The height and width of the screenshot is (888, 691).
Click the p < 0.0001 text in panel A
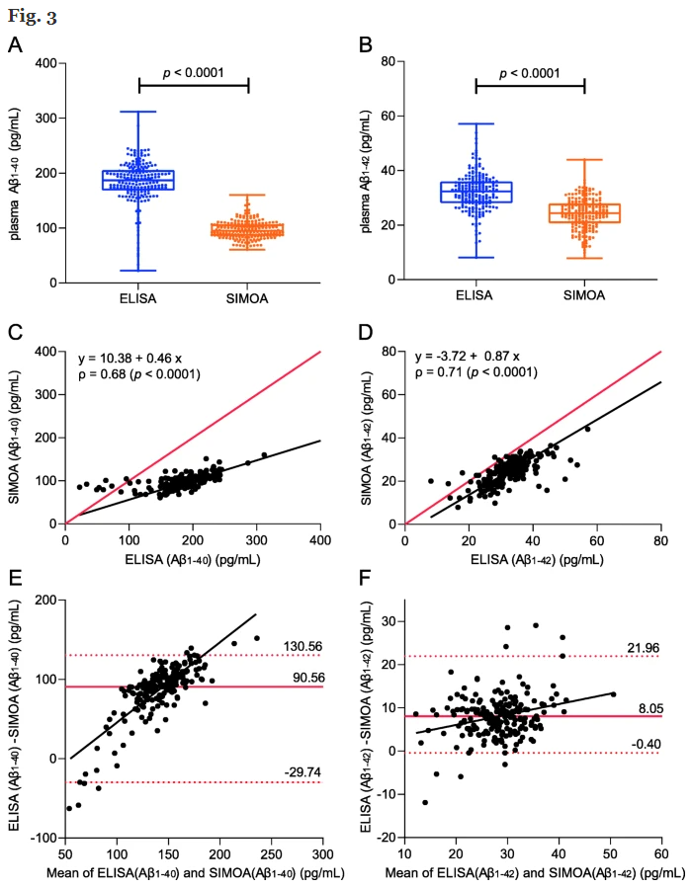[194, 72]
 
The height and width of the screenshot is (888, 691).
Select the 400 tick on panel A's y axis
[43, 63]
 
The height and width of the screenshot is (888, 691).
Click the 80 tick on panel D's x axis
[660, 542]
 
